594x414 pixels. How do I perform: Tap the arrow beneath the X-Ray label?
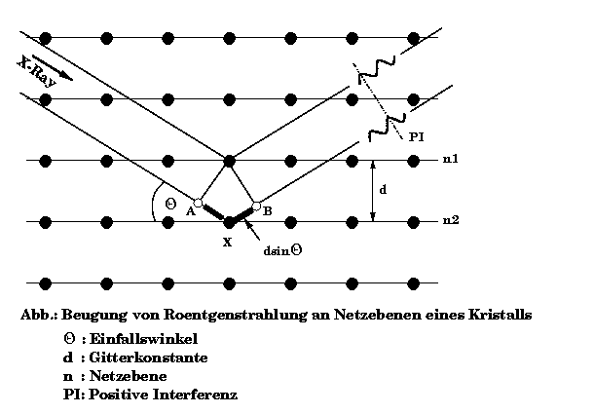[53, 68]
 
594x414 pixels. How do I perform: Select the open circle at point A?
[198, 203]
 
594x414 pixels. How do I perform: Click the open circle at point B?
[256, 207]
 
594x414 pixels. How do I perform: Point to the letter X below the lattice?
[227, 243]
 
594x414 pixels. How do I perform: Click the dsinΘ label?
[282, 250]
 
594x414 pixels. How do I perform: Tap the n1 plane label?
[451, 159]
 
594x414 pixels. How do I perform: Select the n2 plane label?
[451, 220]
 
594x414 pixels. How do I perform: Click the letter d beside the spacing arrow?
[383, 189]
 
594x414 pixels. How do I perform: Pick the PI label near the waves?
[416, 136]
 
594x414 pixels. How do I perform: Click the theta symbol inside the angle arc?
[170, 204]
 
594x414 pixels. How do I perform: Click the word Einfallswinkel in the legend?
[143, 339]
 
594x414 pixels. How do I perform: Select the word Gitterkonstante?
[148, 358]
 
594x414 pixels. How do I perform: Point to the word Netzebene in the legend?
[128, 376]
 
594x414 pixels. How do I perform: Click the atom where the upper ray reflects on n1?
[229, 161]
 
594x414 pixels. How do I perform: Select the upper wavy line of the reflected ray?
[377, 69]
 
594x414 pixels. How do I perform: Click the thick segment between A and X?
[213, 212]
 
